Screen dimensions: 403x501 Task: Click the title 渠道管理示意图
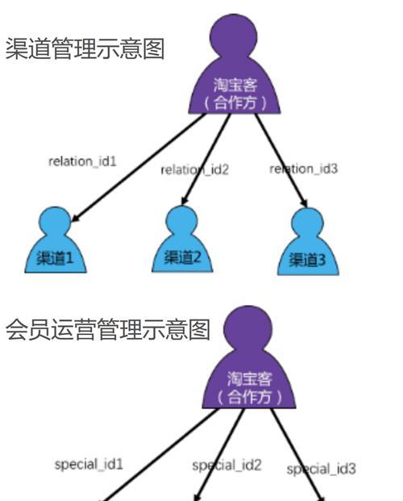click(85, 48)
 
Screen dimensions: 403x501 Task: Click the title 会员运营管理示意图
click(108, 329)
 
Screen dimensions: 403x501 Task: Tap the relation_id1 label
click(82, 161)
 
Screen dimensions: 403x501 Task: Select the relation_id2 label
click(195, 169)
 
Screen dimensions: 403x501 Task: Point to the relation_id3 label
click(303, 169)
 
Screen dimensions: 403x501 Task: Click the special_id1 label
click(89, 465)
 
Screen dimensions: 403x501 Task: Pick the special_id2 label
click(226, 466)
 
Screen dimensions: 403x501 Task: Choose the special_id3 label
click(321, 470)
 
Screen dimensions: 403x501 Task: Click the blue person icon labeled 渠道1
click(56, 240)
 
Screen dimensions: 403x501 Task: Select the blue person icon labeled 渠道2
click(182, 239)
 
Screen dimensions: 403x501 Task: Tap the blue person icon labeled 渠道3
click(308, 241)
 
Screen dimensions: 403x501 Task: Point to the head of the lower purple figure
click(247, 330)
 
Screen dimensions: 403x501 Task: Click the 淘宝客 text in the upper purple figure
click(235, 86)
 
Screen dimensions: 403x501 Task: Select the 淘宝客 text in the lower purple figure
click(249, 379)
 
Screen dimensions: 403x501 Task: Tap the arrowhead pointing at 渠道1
click(74, 218)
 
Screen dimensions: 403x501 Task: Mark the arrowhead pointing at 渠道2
click(185, 201)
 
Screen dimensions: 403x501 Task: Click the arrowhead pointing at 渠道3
click(304, 203)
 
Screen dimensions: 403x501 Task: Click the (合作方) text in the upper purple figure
click(235, 103)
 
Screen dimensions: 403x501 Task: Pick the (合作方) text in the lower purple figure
click(249, 397)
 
